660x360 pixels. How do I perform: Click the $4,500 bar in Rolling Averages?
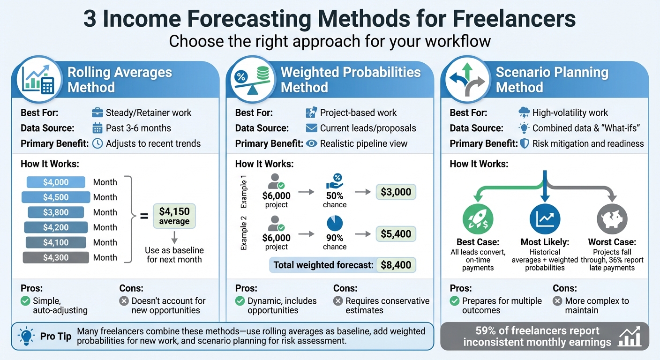click(56, 197)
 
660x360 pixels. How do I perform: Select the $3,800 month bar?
click(56, 212)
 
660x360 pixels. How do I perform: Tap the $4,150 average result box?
click(174, 216)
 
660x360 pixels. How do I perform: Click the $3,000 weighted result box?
click(396, 192)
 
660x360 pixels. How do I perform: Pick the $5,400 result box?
click(396, 234)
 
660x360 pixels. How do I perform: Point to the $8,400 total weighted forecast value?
click(396, 265)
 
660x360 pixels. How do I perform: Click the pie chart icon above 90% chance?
click(335, 223)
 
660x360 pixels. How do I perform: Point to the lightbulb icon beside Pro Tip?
click(25, 336)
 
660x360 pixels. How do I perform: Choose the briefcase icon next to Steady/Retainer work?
click(97, 113)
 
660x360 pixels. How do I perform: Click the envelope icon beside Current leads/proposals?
click(311, 128)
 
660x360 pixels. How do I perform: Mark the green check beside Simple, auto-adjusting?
click(25, 301)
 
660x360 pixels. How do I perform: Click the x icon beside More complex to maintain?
click(557, 301)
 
